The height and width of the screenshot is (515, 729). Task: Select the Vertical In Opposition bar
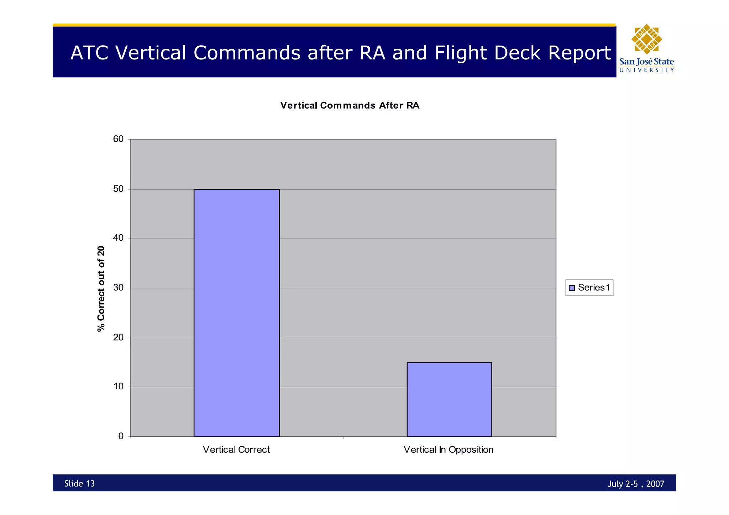(x=449, y=399)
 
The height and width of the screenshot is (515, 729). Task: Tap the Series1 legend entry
(x=589, y=288)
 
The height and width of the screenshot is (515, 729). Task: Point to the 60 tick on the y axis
(x=118, y=139)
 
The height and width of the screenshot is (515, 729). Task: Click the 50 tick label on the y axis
(x=118, y=189)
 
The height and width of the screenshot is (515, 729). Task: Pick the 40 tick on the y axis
(x=118, y=238)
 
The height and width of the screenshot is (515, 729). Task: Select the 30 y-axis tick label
(x=118, y=288)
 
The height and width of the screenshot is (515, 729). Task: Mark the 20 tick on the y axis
(x=118, y=337)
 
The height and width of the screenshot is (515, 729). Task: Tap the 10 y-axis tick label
(x=118, y=387)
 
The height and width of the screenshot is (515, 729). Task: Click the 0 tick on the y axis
(x=121, y=436)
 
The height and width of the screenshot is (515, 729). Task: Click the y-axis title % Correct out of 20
(x=101, y=288)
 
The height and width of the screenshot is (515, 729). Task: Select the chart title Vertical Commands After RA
(x=350, y=105)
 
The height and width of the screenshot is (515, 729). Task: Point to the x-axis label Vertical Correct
(x=236, y=450)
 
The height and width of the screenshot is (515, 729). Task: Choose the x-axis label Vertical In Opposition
(x=449, y=450)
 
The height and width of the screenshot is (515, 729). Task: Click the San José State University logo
(x=646, y=48)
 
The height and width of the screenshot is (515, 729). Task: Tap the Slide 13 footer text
(x=79, y=483)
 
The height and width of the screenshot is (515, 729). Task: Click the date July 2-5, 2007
(x=636, y=484)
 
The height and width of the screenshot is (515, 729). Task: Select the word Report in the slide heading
(x=579, y=53)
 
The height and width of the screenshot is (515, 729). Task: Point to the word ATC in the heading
(x=89, y=53)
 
